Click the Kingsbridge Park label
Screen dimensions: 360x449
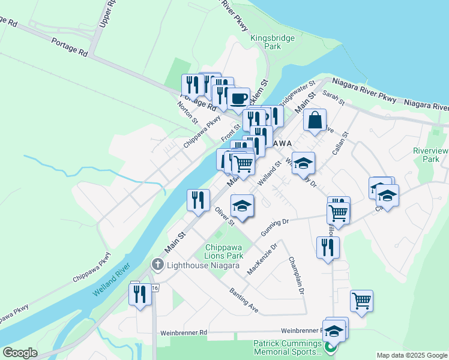tap(273, 42)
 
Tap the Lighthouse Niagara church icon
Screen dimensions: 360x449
tap(158, 265)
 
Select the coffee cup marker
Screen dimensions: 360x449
tap(238, 98)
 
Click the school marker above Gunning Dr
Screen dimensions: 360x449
tap(242, 206)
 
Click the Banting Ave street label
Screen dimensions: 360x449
tap(244, 300)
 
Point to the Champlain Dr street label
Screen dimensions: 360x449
tap(297, 276)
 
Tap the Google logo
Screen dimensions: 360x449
tap(20, 353)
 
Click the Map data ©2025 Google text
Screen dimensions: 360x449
tap(411, 355)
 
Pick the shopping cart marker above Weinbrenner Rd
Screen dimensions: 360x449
tap(361, 301)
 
